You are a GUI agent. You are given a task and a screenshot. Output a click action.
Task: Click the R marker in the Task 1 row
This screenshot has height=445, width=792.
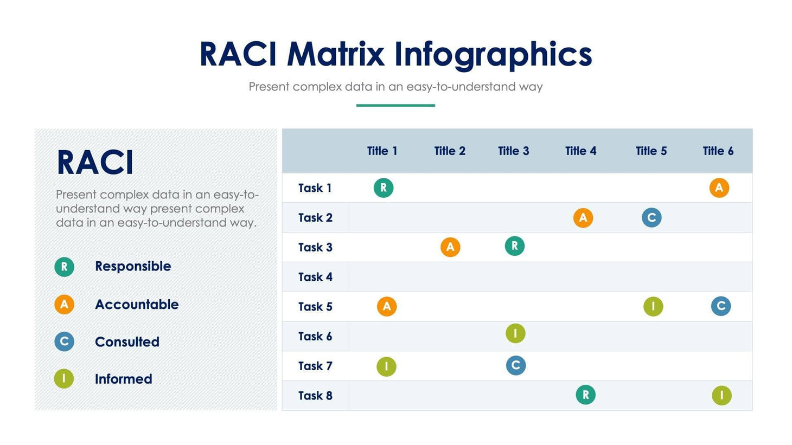[x=384, y=188]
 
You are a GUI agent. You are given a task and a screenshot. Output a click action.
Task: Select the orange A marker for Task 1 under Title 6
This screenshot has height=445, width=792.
[x=719, y=188]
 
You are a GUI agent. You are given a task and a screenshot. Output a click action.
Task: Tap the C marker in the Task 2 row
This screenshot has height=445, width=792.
[x=652, y=218]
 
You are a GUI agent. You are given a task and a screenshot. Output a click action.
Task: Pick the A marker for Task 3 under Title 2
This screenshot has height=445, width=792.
[x=450, y=247]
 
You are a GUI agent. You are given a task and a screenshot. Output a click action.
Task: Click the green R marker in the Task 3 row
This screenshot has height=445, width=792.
[x=515, y=246]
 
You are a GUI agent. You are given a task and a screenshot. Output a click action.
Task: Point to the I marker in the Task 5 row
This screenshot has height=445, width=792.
[x=653, y=307]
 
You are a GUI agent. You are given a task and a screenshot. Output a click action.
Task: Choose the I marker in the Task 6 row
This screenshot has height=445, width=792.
[x=515, y=333]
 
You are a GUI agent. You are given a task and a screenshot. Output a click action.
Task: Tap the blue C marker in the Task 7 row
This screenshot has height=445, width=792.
[x=516, y=365]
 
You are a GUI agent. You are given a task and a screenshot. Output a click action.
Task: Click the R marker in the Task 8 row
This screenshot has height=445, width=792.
[x=585, y=395]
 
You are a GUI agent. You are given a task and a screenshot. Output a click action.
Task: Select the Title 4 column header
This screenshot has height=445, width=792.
[x=580, y=151]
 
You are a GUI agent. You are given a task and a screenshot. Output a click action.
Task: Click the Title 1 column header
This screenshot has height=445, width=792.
[x=382, y=151]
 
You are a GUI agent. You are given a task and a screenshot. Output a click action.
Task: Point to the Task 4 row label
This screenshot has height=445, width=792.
[x=315, y=277]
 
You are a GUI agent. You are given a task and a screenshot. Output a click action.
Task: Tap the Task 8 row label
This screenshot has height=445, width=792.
[x=315, y=396]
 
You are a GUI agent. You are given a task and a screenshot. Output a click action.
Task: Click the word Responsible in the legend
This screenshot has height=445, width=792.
[x=133, y=266]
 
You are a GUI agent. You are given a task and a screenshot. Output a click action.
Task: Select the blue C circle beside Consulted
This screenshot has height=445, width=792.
[x=64, y=341]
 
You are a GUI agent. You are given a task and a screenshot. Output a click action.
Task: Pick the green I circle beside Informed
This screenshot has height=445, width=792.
[x=64, y=378]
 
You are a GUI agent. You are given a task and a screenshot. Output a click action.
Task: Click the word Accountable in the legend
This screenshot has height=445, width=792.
[x=137, y=305]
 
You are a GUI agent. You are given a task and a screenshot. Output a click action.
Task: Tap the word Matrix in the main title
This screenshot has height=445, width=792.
[x=335, y=54]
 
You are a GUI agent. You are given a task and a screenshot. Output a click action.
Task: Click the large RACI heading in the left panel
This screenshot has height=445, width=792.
[x=95, y=163]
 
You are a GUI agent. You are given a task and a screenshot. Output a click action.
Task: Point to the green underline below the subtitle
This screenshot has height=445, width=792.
[x=395, y=105]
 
